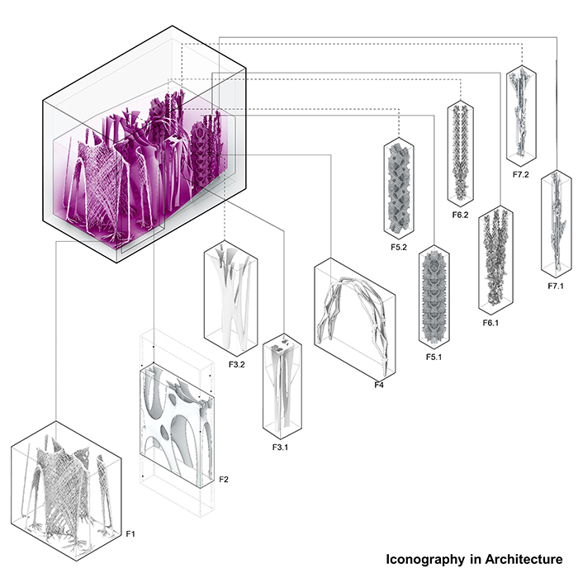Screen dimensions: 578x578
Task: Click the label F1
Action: click(x=130, y=534)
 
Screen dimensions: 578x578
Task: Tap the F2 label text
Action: click(x=222, y=479)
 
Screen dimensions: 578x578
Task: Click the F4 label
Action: click(x=379, y=385)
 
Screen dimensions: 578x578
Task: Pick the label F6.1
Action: click(x=490, y=323)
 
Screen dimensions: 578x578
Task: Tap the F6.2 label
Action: click(x=460, y=215)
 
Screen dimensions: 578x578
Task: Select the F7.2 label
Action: click(x=521, y=175)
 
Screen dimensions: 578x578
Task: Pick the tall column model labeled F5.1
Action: click(x=433, y=297)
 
